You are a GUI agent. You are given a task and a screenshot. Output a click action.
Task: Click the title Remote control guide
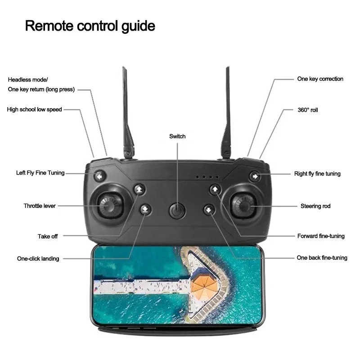click(90, 26)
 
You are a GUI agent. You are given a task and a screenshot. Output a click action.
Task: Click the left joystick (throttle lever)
click(108, 206)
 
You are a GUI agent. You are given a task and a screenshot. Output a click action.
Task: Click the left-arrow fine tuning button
click(99, 176)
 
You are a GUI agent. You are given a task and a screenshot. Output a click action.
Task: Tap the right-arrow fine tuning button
click(255, 176)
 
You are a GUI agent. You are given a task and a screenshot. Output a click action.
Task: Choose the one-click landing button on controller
click(144, 209)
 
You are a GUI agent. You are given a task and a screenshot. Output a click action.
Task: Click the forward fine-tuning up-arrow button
click(215, 189)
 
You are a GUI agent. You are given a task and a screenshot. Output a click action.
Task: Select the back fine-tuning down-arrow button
click(209, 209)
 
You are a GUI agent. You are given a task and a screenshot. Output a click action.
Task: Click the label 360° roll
click(308, 110)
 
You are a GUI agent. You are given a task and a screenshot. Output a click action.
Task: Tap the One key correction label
click(320, 79)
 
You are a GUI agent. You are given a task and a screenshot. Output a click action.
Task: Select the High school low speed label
click(34, 109)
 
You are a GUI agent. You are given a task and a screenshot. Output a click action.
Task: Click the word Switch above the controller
click(177, 136)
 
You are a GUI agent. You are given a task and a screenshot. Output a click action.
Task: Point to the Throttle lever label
click(40, 206)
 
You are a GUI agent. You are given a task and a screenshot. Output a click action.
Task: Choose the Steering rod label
click(315, 206)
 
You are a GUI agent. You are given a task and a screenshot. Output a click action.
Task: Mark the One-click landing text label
click(38, 259)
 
